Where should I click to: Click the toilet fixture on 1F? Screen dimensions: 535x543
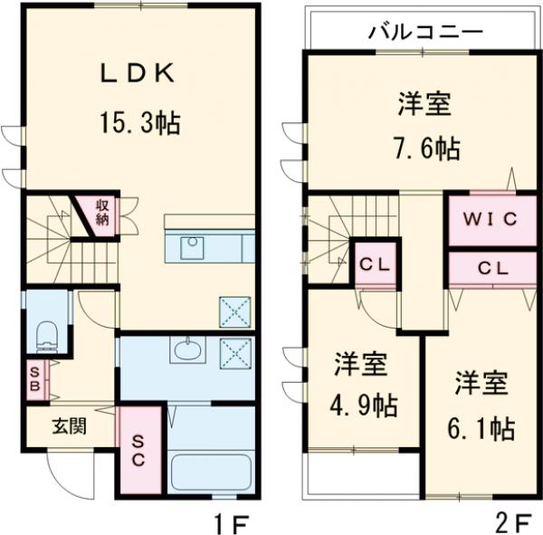click(47, 336)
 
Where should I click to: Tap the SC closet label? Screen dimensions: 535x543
click(138, 450)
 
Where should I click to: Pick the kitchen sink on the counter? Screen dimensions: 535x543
click(192, 247)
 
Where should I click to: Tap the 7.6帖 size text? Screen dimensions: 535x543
click(426, 148)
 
